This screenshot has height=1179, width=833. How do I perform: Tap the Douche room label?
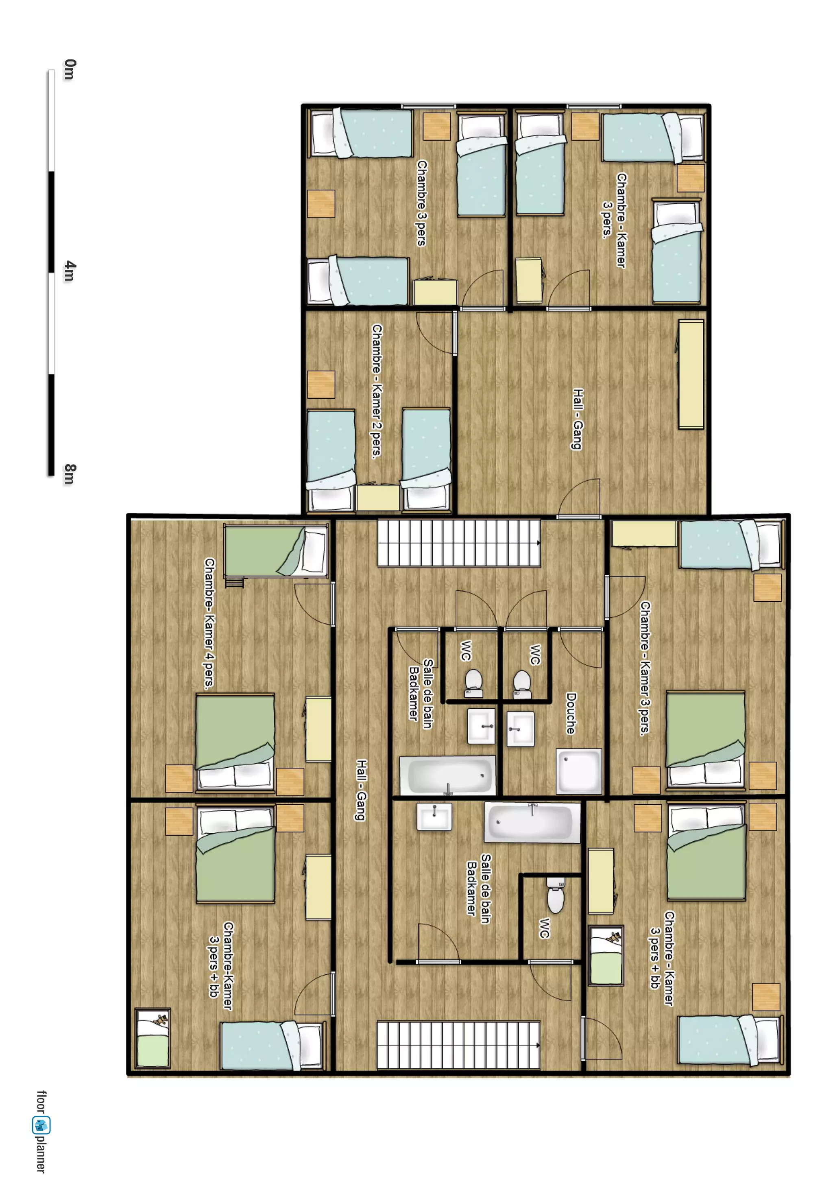click(x=571, y=713)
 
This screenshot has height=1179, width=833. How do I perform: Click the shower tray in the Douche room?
click(x=579, y=771)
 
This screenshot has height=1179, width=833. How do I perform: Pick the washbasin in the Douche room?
click(x=521, y=729)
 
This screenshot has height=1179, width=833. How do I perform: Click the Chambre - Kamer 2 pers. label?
click(x=377, y=391)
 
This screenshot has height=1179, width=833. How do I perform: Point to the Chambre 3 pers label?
click(x=421, y=203)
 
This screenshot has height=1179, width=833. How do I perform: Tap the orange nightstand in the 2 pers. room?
click(x=321, y=384)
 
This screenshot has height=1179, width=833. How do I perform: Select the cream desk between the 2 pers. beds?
click(x=378, y=498)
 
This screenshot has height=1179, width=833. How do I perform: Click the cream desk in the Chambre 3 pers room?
click(x=436, y=292)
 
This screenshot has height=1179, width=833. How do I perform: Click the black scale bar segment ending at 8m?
click(x=51, y=425)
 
